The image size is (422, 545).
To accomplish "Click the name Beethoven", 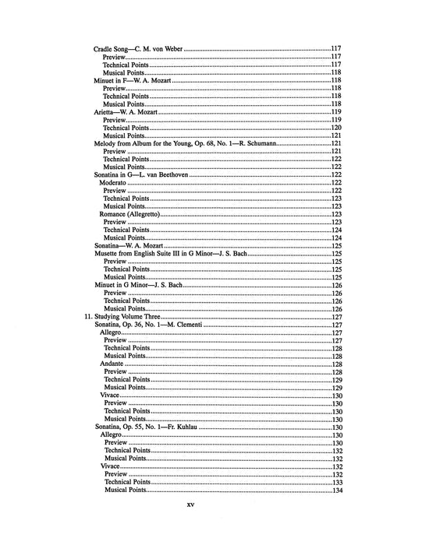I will coord(172,176).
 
